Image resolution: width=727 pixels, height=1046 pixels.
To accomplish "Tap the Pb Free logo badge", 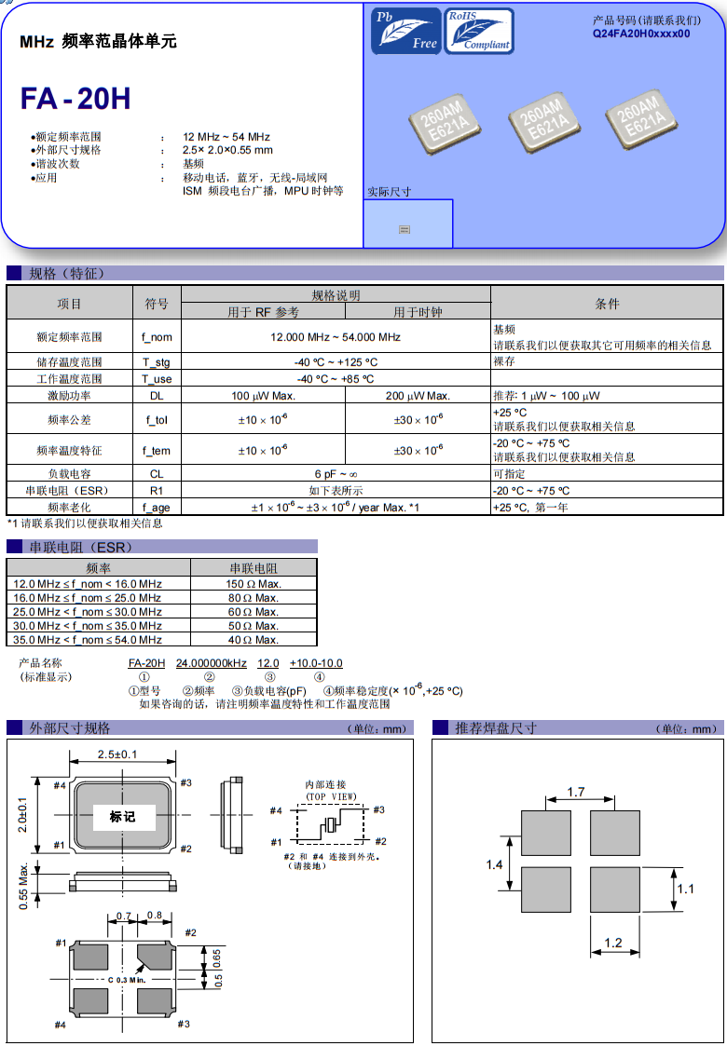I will click(x=405, y=31).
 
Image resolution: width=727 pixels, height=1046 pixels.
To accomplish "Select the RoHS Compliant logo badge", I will click(x=479, y=31).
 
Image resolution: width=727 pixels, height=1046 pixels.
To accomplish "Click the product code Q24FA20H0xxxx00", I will click(x=641, y=33).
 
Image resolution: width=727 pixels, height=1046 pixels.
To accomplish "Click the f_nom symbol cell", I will click(x=157, y=337).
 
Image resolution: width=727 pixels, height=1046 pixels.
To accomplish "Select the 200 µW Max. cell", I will click(x=418, y=396).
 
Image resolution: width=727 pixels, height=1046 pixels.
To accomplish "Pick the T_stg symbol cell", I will click(x=157, y=362).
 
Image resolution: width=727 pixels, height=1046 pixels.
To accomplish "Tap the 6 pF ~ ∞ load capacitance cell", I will click(x=336, y=474).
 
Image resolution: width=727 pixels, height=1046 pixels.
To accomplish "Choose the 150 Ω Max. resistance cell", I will click(x=254, y=584).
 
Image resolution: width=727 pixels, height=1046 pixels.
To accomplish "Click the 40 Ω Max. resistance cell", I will click(x=254, y=640).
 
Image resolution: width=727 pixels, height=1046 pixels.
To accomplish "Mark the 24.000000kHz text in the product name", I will click(x=212, y=663).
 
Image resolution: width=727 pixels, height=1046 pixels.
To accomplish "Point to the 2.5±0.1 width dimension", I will click(x=117, y=754).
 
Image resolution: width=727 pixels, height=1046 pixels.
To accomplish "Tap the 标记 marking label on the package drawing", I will click(x=122, y=817).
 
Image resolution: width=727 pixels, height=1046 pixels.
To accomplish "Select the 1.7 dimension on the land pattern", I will click(x=576, y=793).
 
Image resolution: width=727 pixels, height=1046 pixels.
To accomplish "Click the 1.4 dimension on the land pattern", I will click(x=495, y=865).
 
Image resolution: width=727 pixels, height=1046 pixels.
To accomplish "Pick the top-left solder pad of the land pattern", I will click(x=545, y=833).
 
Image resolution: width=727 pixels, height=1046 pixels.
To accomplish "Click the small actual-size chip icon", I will click(x=405, y=228).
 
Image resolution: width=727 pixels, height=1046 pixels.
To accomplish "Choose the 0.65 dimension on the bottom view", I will click(x=216, y=957).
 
